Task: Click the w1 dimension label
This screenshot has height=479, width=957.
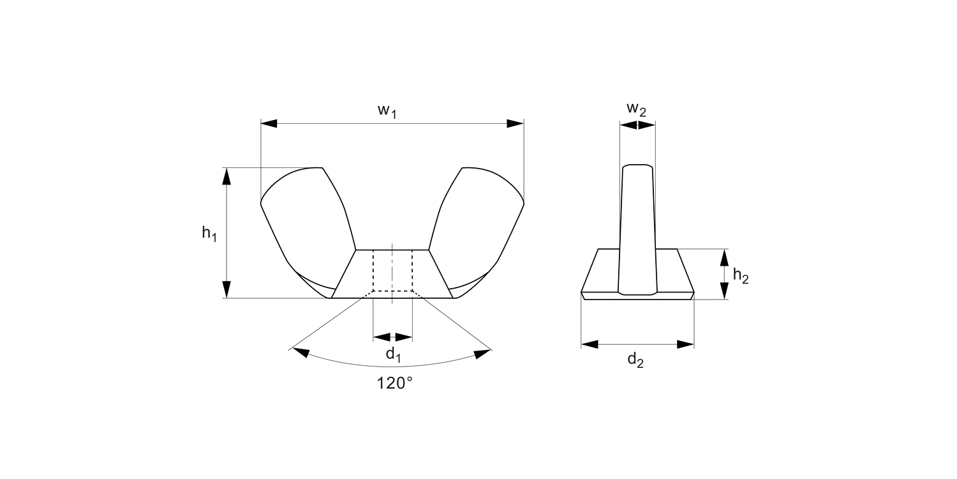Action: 387,111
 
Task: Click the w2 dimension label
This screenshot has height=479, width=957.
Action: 636,109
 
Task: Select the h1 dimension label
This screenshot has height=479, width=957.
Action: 209,234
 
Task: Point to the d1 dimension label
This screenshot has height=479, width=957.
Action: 393,355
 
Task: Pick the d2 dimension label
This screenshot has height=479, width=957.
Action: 635,360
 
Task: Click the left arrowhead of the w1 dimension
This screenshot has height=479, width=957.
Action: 269,123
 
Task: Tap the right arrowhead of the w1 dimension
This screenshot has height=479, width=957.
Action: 515,123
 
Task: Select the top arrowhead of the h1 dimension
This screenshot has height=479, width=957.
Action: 226,176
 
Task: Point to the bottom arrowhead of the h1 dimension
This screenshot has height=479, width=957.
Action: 226,289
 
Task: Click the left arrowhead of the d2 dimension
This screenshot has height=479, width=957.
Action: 590,344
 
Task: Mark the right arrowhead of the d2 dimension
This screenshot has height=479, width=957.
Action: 686,344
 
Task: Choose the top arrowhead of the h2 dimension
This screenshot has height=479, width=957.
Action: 723,257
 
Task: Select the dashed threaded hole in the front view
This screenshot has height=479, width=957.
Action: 392,271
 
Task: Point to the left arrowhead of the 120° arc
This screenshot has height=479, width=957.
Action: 300,352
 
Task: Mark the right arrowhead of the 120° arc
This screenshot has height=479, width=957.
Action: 483,353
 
